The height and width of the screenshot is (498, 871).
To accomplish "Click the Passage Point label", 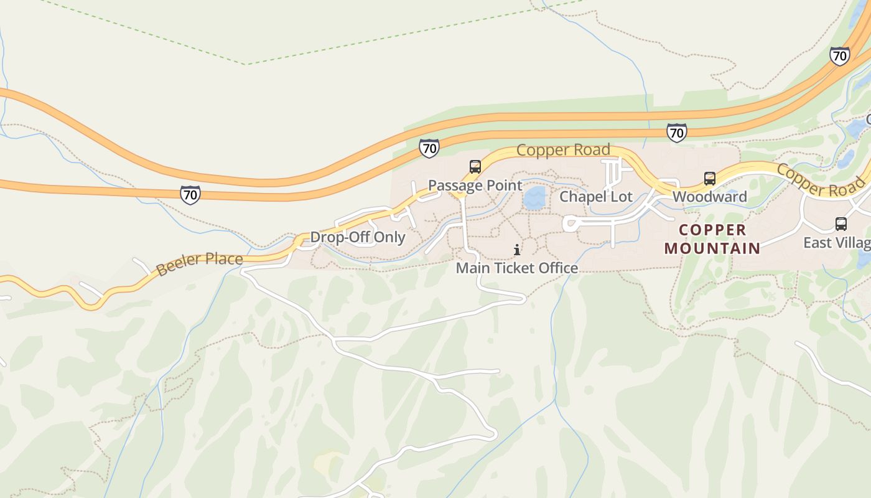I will (x=475, y=186).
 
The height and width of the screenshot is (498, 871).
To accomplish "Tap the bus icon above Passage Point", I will (x=475, y=167).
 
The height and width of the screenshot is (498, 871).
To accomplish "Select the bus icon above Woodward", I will (x=709, y=179).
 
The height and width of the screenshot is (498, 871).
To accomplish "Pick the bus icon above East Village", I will (x=841, y=224).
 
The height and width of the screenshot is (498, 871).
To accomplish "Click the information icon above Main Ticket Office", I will (x=516, y=250).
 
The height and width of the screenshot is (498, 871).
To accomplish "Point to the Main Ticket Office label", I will (x=516, y=268).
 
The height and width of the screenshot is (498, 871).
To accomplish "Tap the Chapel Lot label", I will (x=595, y=197).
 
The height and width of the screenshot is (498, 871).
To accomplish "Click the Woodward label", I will (x=709, y=197).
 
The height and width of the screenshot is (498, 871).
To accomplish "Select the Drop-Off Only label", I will (x=357, y=237).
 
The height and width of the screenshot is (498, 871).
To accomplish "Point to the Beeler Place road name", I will (x=199, y=264).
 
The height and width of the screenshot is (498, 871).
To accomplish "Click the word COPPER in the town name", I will (x=712, y=230).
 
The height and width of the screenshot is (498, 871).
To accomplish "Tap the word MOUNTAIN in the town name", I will (x=712, y=248).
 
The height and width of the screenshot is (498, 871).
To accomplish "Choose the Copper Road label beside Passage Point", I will (x=562, y=150).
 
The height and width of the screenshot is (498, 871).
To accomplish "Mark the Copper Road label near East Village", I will (x=820, y=180).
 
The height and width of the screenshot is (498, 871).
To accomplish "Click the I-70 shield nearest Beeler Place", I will (x=190, y=195).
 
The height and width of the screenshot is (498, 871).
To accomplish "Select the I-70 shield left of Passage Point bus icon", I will (x=429, y=148).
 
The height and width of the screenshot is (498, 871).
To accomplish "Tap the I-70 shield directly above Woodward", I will (x=676, y=133).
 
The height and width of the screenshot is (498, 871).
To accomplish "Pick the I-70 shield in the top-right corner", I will (x=839, y=56).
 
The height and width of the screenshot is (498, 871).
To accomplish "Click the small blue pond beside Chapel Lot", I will (x=534, y=199).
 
